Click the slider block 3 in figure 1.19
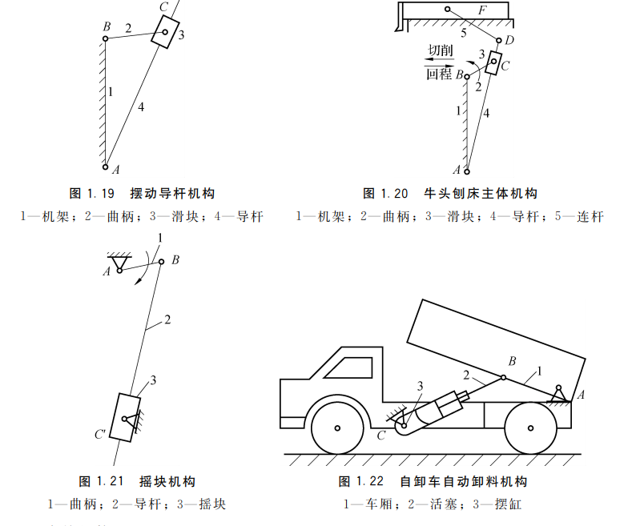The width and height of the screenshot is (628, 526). coord(165,34)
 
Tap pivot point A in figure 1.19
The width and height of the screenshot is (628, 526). coord(105,167)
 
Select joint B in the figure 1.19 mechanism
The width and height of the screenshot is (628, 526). coord(106,38)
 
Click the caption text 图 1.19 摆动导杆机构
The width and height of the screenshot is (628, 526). coord(142,194)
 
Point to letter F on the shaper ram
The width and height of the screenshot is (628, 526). coord(481,11)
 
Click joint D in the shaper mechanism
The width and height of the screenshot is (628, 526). coord(498,40)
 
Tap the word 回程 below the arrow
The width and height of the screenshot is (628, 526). coord(439,74)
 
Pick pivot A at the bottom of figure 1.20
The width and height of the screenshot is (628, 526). coord(467,170)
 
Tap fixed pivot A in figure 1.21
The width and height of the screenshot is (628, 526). coord(119,270)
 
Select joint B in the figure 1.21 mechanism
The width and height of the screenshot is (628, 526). coord(161,261)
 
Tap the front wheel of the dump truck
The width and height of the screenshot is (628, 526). coord(337,428)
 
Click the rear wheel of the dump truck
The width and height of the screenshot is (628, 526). coord(530,428)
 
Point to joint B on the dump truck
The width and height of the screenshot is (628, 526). coord(503,377)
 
